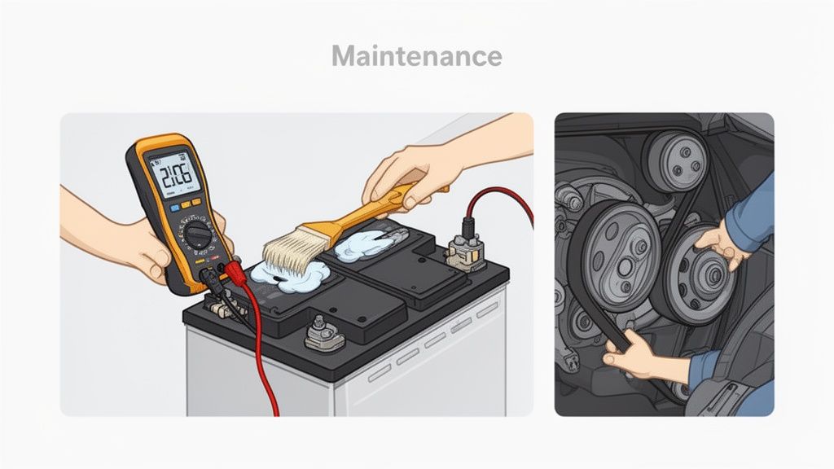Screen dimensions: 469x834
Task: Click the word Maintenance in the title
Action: point(416,56)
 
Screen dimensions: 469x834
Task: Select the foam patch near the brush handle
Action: point(362,242)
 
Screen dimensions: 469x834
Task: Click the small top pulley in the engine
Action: point(674,161)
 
